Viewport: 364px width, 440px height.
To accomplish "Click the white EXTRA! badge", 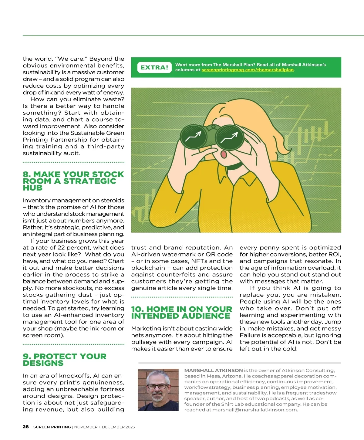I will click(x=154, y=67).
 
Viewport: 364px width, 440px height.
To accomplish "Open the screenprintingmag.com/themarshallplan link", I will click(x=248, y=70).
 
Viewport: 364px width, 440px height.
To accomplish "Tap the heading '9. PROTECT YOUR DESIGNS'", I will click(x=65, y=360).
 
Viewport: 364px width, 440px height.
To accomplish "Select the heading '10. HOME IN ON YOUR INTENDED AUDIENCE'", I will click(x=181, y=312).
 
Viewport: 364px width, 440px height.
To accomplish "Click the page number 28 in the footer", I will click(x=26, y=427).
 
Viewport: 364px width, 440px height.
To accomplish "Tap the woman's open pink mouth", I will click(x=224, y=154).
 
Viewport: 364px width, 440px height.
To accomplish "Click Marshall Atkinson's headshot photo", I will click(x=158, y=390).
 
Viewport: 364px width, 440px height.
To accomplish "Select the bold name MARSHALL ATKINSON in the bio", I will click(x=213, y=371).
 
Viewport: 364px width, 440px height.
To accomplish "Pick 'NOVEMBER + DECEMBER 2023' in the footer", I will click(x=104, y=427).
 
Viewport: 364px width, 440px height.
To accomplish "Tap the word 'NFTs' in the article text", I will click(x=199, y=261).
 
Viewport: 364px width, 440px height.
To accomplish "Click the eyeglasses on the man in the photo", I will click(x=157, y=386).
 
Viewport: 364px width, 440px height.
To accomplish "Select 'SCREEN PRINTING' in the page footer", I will click(x=52, y=427).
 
